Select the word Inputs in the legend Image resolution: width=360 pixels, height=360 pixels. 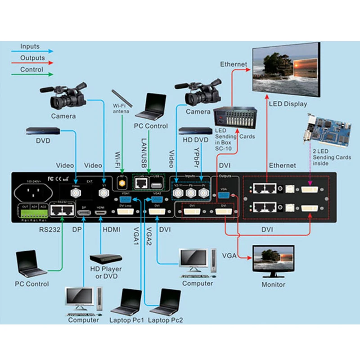coord(30,46)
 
